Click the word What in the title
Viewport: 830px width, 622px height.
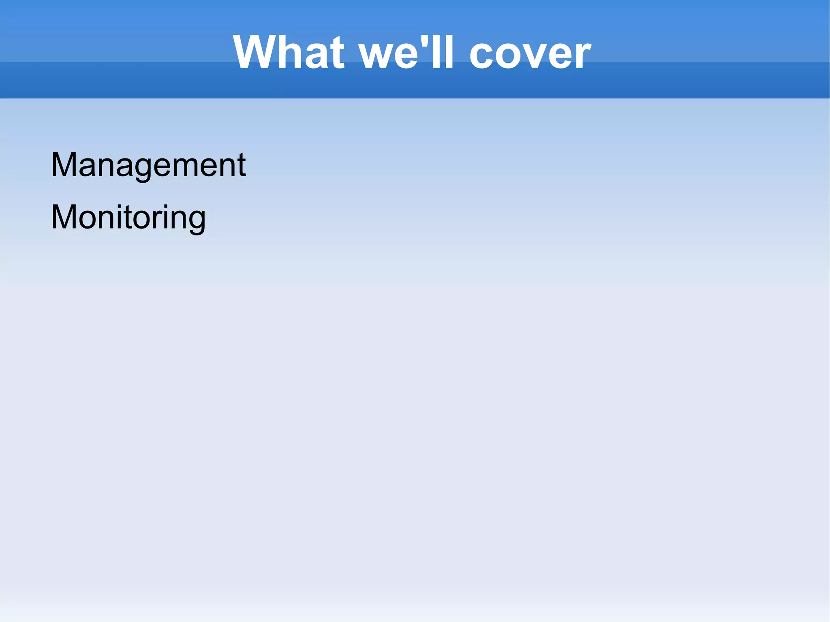click(x=289, y=53)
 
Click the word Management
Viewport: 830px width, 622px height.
click(x=148, y=165)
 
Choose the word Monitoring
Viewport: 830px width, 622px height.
click(x=128, y=218)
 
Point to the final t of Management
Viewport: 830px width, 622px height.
click(x=241, y=165)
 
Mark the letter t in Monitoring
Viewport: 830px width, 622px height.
click(x=140, y=218)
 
